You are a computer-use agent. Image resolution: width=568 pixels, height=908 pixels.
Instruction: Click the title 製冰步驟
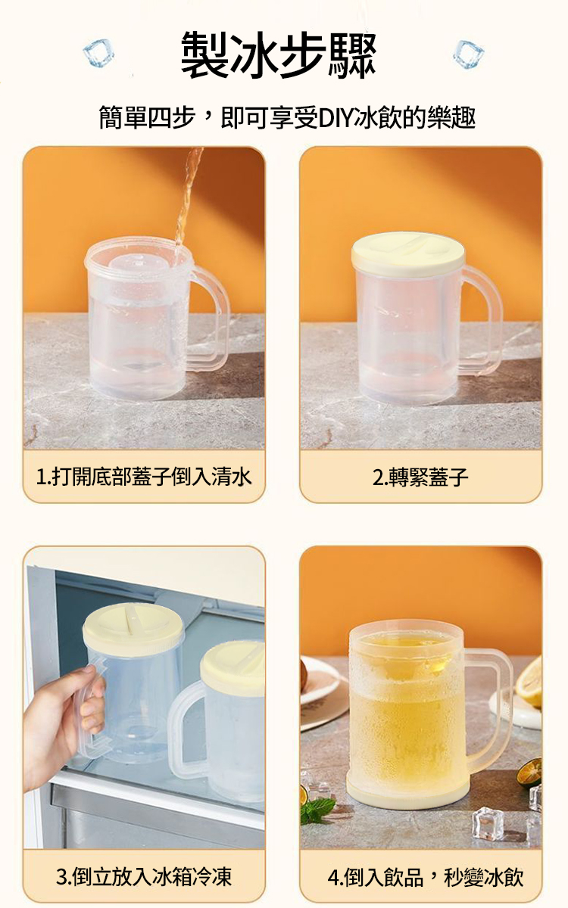(x=279, y=54)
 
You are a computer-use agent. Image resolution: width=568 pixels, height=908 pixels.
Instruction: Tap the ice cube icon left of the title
(x=98, y=52)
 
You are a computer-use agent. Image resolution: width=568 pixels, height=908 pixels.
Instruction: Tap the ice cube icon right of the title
(x=468, y=53)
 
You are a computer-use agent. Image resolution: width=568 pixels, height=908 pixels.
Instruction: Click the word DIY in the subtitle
(x=332, y=117)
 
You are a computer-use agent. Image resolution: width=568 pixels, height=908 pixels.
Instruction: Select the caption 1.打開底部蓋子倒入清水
(x=144, y=477)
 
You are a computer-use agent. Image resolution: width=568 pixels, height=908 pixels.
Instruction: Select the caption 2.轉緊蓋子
(x=420, y=477)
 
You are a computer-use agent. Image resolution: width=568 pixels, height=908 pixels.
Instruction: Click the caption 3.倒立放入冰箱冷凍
(x=144, y=877)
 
